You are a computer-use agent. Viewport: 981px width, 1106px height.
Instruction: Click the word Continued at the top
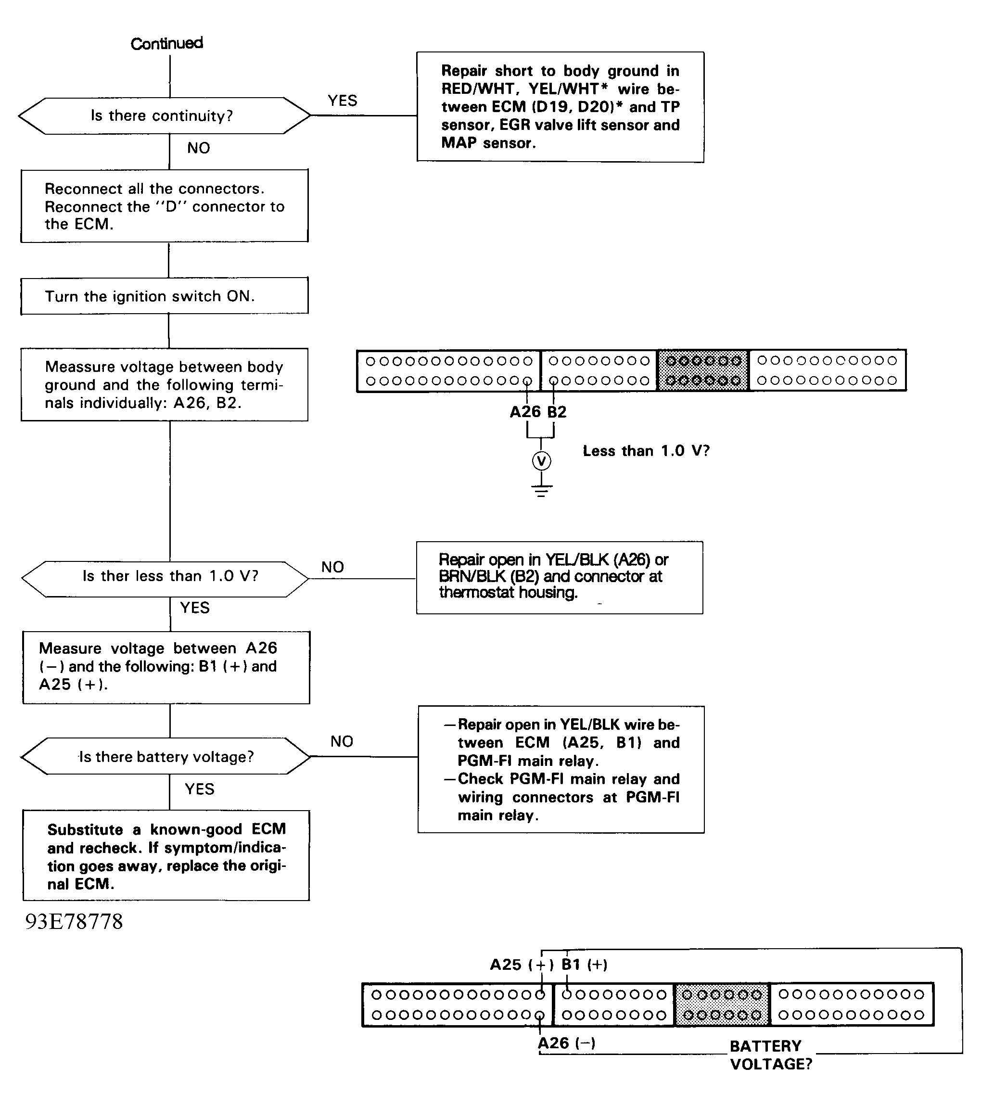[166, 43]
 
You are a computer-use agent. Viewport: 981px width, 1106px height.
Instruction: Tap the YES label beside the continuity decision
[343, 101]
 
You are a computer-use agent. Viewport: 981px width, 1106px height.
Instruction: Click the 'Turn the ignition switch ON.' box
[165, 296]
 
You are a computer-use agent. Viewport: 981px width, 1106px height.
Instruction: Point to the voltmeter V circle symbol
[541, 461]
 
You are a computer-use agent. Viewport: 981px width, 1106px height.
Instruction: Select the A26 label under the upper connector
[525, 412]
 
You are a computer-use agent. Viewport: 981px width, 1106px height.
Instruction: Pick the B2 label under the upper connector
[557, 412]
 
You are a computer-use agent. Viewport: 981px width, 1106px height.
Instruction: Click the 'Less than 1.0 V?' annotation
[646, 451]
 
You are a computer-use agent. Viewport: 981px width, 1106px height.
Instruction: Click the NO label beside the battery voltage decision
[342, 741]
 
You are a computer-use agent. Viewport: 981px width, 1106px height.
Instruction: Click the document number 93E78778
[74, 921]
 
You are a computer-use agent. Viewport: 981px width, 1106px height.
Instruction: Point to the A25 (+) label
[522, 964]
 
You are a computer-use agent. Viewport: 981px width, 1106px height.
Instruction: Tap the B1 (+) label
[585, 964]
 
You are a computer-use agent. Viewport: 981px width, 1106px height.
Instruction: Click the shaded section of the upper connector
[703, 370]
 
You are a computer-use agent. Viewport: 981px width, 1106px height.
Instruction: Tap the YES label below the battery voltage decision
[200, 789]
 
